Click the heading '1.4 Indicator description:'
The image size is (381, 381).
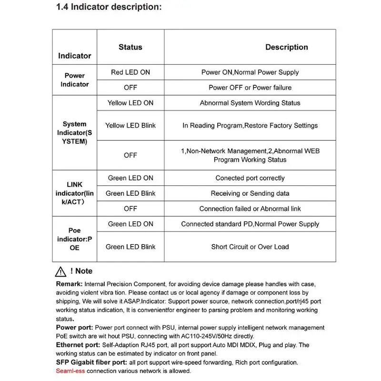click(x=109, y=7)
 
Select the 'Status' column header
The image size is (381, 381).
click(x=130, y=47)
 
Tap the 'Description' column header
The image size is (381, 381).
click(x=286, y=47)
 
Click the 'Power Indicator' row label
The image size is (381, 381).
click(x=74, y=80)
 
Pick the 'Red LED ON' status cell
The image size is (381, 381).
click(x=130, y=72)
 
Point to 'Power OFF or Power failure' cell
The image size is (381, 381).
click(x=250, y=88)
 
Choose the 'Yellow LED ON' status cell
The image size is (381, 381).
click(x=130, y=103)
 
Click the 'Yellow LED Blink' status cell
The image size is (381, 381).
click(x=130, y=126)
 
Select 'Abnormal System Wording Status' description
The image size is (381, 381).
click(x=250, y=103)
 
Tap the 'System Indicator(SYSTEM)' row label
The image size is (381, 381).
click(x=74, y=133)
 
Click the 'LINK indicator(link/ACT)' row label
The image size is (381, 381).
click(x=74, y=193)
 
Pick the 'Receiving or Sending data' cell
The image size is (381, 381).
click(x=250, y=193)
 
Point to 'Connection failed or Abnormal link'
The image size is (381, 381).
click(x=250, y=209)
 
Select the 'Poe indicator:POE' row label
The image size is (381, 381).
click(x=74, y=239)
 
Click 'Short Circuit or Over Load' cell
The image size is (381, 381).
click(x=250, y=247)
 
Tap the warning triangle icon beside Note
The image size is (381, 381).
click(x=60, y=271)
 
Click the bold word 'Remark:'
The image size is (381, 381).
click(x=70, y=284)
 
